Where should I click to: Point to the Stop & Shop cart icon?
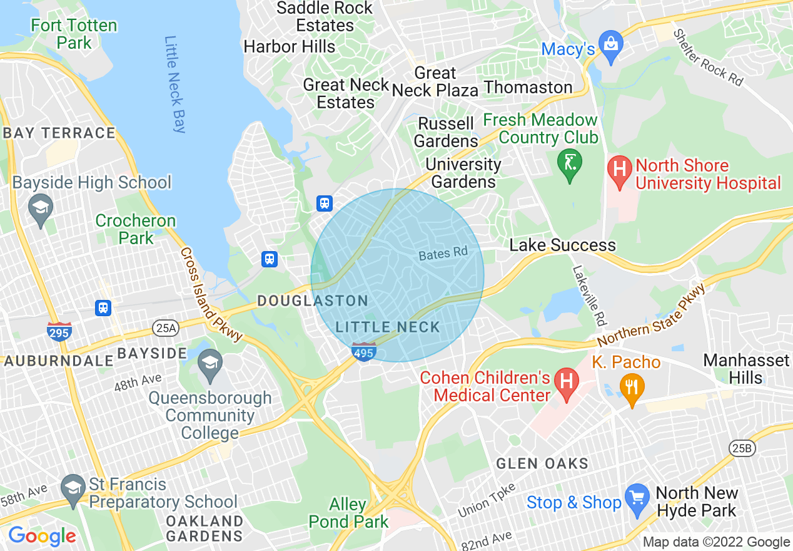point(637,499)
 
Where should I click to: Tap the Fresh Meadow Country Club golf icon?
point(570,164)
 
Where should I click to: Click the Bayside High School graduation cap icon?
point(41,208)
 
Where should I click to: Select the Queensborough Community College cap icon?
point(210,363)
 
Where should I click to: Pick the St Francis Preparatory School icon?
point(73,488)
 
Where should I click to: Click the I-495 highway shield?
point(364,353)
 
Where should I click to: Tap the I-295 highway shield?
point(59,332)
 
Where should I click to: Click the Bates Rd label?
point(443,254)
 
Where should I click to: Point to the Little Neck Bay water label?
point(175,85)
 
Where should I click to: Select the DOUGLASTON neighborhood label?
point(313,301)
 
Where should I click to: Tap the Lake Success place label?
point(562,245)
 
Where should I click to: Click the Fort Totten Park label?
point(74,34)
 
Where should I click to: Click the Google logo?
point(42,536)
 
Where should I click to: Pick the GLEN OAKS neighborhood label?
point(542,464)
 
